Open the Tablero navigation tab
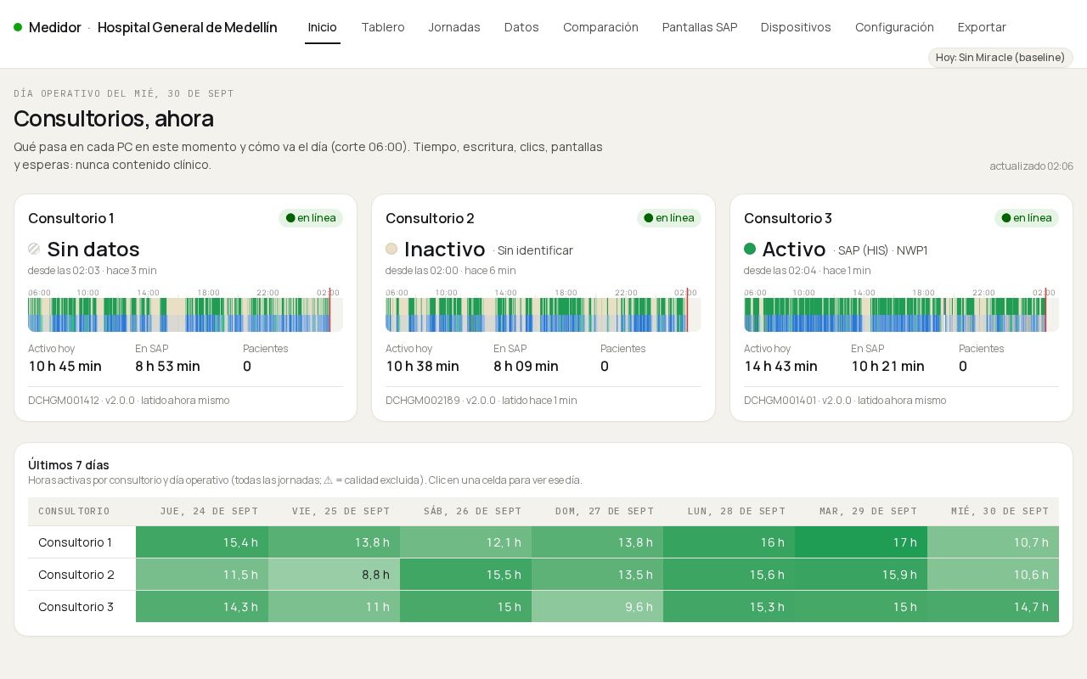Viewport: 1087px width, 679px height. click(383, 27)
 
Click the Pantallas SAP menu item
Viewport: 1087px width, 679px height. click(699, 27)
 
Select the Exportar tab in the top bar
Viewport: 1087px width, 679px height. click(982, 27)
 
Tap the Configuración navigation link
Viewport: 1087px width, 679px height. click(894, 27)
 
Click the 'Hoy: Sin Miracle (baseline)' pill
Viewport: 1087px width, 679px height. click(1000, 57)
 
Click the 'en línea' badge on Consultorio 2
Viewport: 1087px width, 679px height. click(668, 218)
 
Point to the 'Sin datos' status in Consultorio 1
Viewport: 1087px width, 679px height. click(93, 250)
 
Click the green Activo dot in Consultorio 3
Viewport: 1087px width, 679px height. click(750, 249)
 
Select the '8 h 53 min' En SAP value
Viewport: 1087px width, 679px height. click(167, 366)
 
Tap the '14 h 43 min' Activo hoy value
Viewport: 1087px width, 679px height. click(780, 366)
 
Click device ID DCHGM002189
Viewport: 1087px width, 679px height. click(422, 401)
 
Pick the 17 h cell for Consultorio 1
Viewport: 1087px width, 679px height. click(861, 542)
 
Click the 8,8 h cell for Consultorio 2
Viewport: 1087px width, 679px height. click(334, 575)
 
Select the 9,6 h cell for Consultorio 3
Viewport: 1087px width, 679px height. click(597, 607)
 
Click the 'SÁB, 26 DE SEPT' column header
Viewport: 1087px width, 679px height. click(473, 511)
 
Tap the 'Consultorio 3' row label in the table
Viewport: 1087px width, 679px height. click(76, 607)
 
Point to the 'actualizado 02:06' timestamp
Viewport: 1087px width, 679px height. click(1031, 166)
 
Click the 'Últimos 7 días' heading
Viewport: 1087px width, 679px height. click(69, 464)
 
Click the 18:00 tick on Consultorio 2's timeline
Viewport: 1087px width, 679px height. click(566, 293)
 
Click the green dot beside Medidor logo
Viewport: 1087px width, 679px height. click(18, 27)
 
